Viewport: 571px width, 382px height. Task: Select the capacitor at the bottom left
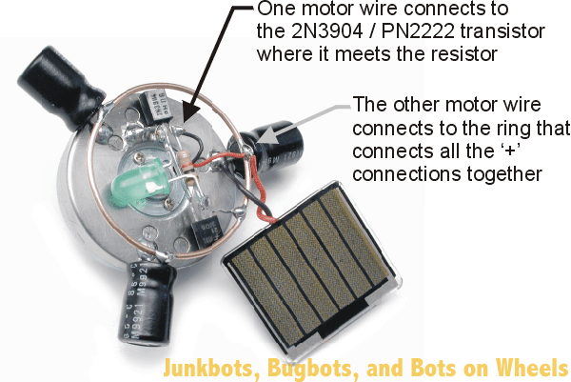[147, 295]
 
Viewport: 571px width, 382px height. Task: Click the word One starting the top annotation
[277, 9]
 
